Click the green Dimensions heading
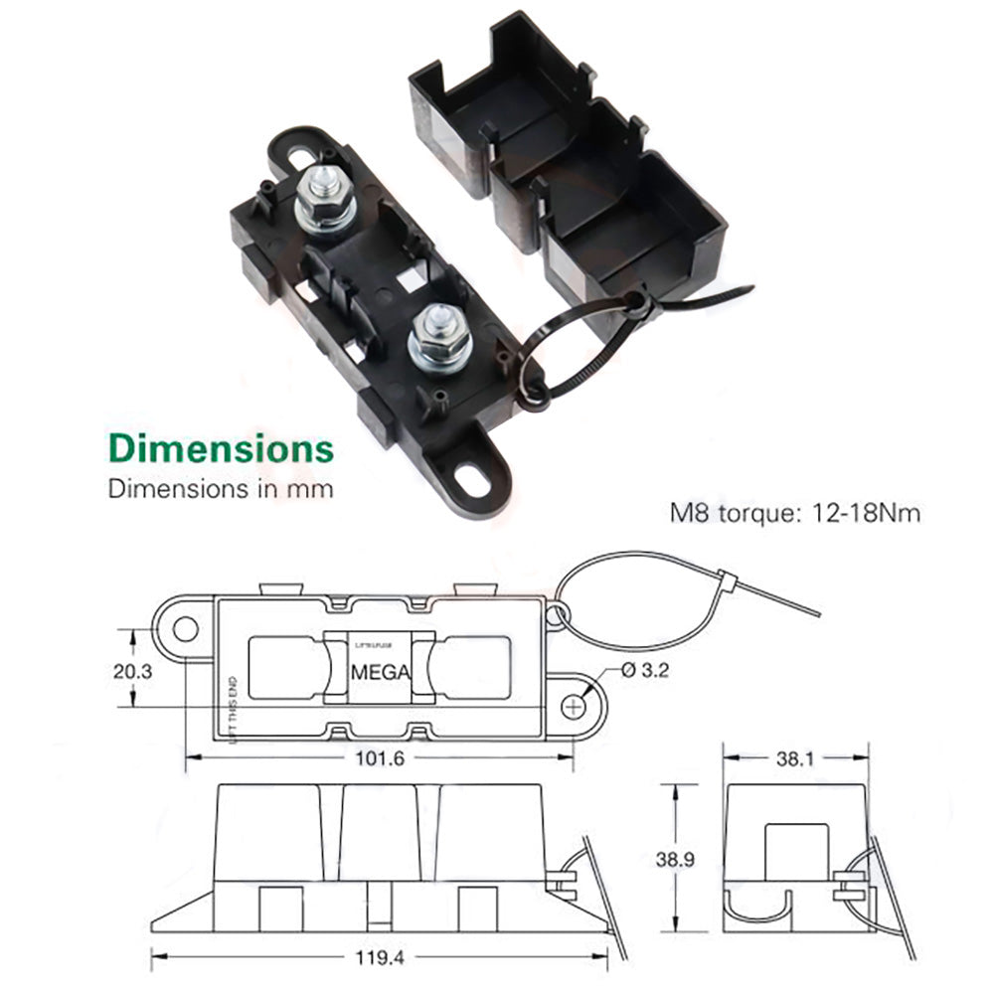point(221,447)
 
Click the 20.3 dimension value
point(131,670)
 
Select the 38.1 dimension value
point(794,758)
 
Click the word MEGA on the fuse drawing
point(380,672)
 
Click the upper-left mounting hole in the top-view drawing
point(185,628)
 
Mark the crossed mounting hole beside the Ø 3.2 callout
point(576,705)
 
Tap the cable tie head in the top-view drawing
point(725,580)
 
